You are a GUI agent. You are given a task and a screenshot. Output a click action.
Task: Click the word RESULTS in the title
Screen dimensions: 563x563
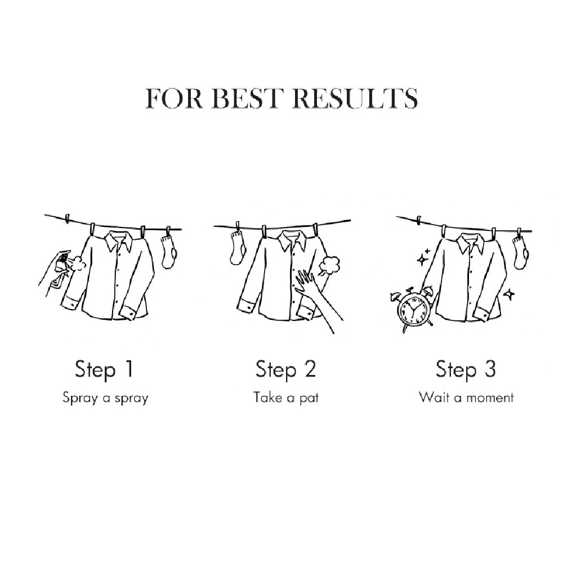point(355,98)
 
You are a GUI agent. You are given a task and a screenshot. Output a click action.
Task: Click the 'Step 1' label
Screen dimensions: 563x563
point(104,369)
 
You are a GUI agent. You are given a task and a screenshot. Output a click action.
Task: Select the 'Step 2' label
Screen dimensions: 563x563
point(285,369)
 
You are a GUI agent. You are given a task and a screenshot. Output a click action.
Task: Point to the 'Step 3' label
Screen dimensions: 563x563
point(466,369)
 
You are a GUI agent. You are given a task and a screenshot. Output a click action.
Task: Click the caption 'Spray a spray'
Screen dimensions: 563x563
point(105,398)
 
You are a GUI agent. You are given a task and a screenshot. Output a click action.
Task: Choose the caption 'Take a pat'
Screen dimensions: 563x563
point(286,398)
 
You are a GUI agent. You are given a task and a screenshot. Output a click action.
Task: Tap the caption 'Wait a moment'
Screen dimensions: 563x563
point(466,397)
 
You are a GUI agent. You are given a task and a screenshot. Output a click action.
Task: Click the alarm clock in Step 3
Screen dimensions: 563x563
point(412,309)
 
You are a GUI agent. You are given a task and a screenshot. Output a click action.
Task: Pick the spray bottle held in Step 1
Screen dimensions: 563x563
point(61,267)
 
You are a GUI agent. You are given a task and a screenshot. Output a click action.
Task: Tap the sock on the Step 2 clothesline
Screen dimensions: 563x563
point(238,248)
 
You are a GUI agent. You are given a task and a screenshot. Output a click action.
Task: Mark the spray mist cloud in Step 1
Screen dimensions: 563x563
point(79,264)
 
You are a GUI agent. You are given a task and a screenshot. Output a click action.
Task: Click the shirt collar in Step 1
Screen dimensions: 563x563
point(118,242)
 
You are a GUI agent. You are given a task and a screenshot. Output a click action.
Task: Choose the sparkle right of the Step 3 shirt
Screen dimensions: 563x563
point(509,294)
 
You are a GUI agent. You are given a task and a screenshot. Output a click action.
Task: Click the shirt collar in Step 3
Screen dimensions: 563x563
point(470,242)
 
